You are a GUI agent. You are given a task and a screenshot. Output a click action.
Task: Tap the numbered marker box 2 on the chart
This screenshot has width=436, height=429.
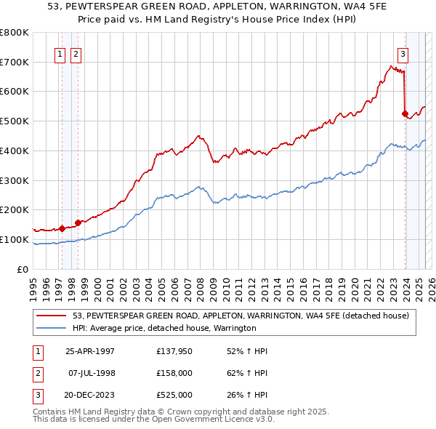pos(75,52)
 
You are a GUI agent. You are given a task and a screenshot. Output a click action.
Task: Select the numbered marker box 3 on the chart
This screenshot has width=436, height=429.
pos(402,52)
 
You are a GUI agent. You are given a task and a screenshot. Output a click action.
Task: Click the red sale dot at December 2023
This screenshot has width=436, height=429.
pos(405,113)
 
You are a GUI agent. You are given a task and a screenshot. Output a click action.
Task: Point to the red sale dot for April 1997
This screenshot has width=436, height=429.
pos(62,228)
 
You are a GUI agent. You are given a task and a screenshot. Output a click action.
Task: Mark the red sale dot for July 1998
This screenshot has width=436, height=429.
pos(78,222)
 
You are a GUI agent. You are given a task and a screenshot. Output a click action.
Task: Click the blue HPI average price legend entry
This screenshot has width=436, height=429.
pos(164,329)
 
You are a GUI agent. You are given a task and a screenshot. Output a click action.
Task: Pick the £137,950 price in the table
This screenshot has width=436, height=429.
pos(174,351)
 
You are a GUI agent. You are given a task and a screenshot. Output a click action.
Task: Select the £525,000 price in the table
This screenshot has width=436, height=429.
pos(174,395)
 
